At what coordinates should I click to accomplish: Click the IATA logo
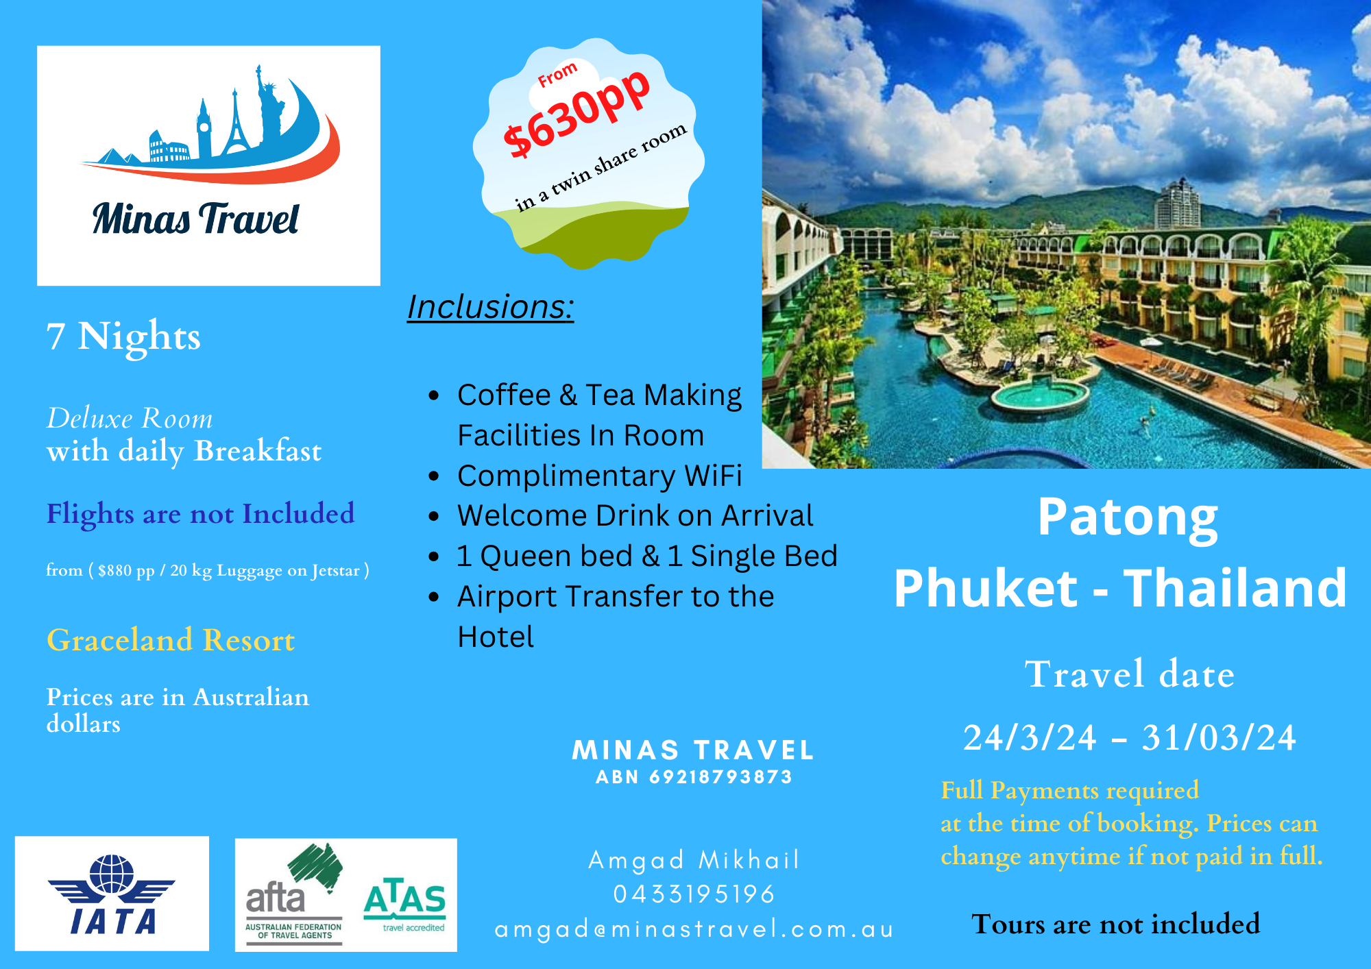pyautogui.click(x=112, y=894)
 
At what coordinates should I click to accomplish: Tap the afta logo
pyautogui.click(x=294, y=894)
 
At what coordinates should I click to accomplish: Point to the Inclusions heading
pyautogui.click(x=491, y=306)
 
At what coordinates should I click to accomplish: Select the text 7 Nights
pyautogui.click(x=123, y=336)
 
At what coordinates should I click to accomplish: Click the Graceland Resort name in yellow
pyautogui.click(x=171, y=640)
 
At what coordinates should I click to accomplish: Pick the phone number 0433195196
pyautogui.click(x=694, y=894)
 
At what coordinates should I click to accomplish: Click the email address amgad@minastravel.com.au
pyautogui.click(x=694, y=929)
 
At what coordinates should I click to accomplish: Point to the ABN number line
pyautogui.click(x=694, y=777)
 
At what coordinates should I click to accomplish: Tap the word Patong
pyautogui.click(x=1128, y=517)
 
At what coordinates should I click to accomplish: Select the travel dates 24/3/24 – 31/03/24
pyautogui.click(x=1129, y=738)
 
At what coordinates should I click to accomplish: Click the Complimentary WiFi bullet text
pyautogui.click(x=600, y=476)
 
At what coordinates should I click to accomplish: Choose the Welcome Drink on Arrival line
pyautogui.click(x=635, y=516)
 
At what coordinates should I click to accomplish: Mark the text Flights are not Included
pyautogui.click(x=200, y=514)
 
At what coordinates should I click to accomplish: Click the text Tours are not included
pyautogui.click(x=1116, y=924)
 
